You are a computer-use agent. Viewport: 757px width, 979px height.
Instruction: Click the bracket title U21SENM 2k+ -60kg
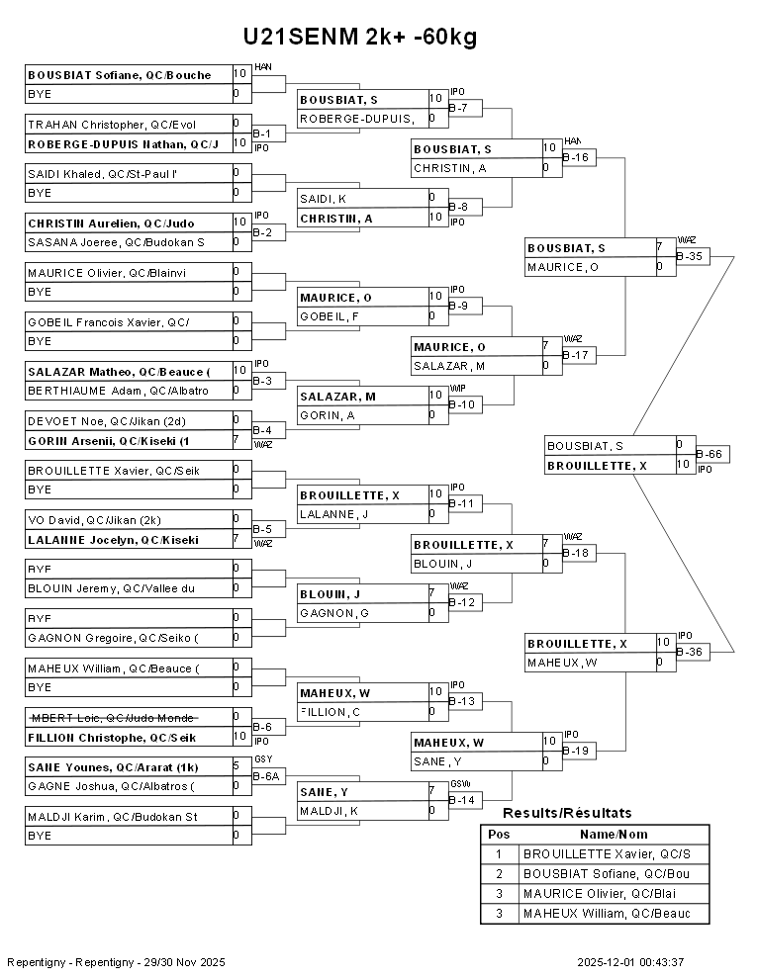point(360,38)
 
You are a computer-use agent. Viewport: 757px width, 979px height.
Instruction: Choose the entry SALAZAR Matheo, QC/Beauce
point(119,372)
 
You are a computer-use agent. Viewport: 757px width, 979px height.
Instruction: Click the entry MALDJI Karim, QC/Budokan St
point(112,817)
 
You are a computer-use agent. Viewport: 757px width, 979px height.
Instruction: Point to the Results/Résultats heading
point(567,813)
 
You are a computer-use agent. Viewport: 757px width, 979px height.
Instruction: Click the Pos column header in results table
point(499,834)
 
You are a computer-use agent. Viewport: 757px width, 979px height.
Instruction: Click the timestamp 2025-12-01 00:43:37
point(631,962)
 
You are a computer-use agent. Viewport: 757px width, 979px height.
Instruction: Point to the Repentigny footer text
point(117,962)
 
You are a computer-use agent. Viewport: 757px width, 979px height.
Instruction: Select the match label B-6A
point(267,777)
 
